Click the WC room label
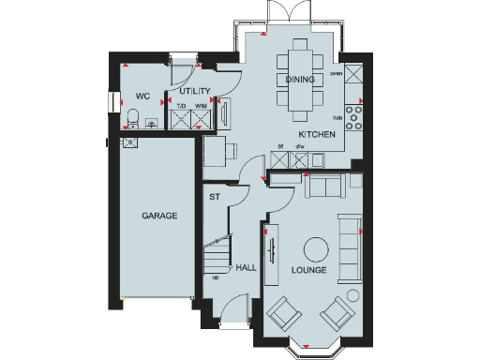click(x=143, y=96)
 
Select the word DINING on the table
click(x=301, y=80)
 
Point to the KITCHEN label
click(x=319, y=135)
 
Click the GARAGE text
click(x=159, y=216)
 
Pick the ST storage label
click(x=215, y=197)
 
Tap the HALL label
click(x=247, y=268)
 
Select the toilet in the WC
click(x=133, y=119)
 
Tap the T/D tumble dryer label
click(x=182, y=106)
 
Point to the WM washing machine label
click(x=201, y=106)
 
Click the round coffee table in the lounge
click(x=314, y=248)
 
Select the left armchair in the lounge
click(x=282, y=316)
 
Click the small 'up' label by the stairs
click(x=216, y=277)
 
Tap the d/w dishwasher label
click(x=301, y=147)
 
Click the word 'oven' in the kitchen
click(x=336, y=70)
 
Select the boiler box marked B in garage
click(x=129, y=142)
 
